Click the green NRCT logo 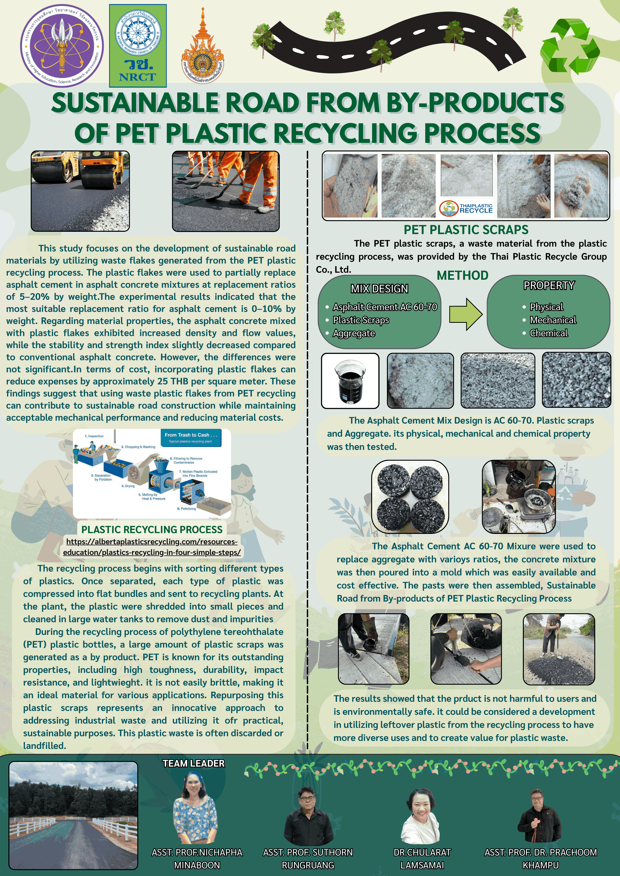pyautogui.click(x=138, y=46)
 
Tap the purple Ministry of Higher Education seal pyautogui.click(x=62, y=46)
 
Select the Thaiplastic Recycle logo pyautogui.click(x=466, y=208)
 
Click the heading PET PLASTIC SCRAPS pyautogui.click(x=466, y=230)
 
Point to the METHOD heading pyautogui.click(x=462, y=275)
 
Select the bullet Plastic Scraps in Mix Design pyautogui.click(x=361, y=320)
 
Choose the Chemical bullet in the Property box pyautogui.click(x=549, y=333)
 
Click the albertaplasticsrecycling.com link pyautogui.click(x=152, y=547)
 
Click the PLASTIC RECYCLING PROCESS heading pyautogui.click(x=152, y=530)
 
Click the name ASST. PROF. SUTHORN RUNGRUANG pyautogui.click(x=308, y=858)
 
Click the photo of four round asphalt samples pyautogui.click(x=410, y=496)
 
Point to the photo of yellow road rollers pyautogui.click(x=80, y=191)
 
